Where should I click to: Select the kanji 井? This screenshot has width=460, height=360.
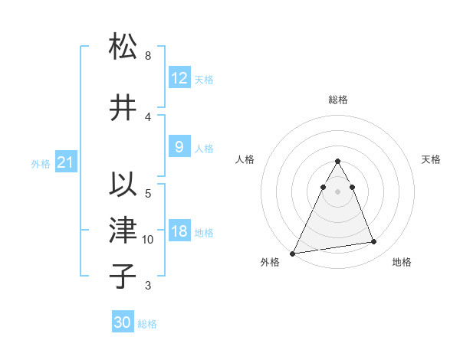click(123, 107)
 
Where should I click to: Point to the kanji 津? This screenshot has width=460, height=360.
click(123, 231)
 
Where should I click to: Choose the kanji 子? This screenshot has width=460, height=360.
click(123, 276)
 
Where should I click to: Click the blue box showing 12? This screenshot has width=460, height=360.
click(179, 78)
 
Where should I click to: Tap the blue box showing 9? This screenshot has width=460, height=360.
click(179, 147)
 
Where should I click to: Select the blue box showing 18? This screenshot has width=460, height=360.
click(179, 232)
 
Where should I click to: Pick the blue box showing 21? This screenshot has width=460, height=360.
click(66, 162)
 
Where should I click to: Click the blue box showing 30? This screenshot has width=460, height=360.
click(123, 322)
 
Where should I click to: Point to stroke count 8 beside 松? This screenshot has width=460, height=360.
click(148, 56)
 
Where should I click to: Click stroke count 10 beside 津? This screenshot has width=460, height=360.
click(148, 240)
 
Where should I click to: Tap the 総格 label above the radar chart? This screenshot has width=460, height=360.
click(338, 100)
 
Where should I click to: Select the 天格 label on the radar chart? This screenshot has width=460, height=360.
click(432, 159)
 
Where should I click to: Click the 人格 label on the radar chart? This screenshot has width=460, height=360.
click(245, 159)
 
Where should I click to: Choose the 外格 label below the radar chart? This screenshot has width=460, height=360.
click(270, 263)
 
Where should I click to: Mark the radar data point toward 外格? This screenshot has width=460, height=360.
click(293, 254)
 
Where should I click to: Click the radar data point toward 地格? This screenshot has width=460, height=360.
click(374, 242)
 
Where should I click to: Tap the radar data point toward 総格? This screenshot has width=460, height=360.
click(338, 161)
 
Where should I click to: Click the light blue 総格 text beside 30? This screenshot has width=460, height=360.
click(147, 324)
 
